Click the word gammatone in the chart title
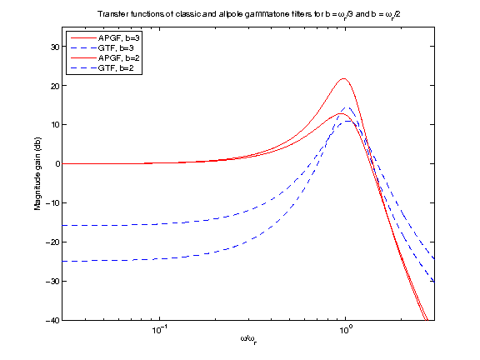tap(278, 14)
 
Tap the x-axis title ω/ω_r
tap(248, 340)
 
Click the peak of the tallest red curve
tap(343, 79)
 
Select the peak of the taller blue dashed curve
tap(347, 107)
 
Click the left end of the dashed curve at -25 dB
tap(63, 262)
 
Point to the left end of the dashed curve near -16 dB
tap(63, 226)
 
